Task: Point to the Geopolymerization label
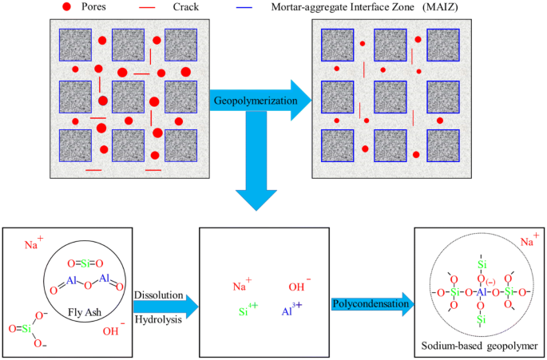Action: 252,101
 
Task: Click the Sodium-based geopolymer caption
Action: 477,346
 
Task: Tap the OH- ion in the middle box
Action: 296,285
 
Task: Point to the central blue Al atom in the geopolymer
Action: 482,292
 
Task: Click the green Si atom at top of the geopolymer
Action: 482,263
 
